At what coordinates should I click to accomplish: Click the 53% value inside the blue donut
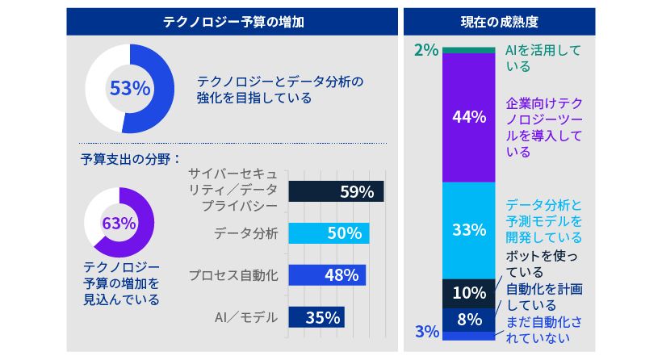click(x=129, y=89)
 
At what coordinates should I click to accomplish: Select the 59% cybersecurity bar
click(x=336, y=192)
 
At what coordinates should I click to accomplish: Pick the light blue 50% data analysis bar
click(x=329, y=233)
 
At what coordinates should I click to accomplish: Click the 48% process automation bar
click(x=326, y=274)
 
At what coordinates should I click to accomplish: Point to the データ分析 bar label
click(x=246, y=233)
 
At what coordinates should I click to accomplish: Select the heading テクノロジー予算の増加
click(x=233, y=22)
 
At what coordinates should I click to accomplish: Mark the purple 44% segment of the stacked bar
click(x=468, y=117)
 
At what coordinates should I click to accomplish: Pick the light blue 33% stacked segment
click(x=468, y=230)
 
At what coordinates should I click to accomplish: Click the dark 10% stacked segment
click(x=468, y=292)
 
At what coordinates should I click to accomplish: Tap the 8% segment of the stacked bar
click(x=468, y=319)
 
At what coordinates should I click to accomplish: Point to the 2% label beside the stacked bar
click(x=425, y=50)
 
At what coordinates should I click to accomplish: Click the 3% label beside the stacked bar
click(x=427, y=332)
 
